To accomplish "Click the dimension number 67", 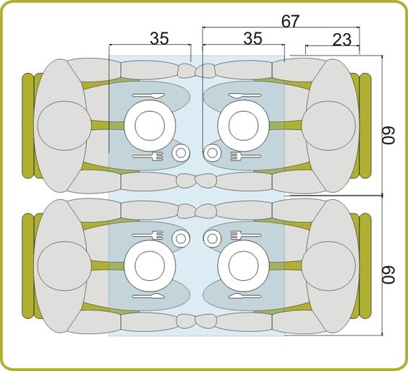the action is pyautogui.click(x=290, y=21).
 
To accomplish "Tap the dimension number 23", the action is pyautogui.click(x=342, y=40).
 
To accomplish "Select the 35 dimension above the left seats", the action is pyautogui.click(x=159, y=38).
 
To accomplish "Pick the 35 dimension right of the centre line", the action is pyautogui.click(x=253, y=38).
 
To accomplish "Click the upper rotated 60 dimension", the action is pyautogui.click(x=388, y=135).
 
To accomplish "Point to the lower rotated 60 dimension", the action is pyautogui.click(x=388, y=275).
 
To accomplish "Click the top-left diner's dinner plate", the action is pyautogui.click(x=150, y=126).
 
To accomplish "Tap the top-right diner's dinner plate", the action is pyautogui.click(x=244, y=126).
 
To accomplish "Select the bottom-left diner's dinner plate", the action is pyautogui.click(x=150, y=266).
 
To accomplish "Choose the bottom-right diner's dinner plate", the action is pyautogui.click(x=244, y=266).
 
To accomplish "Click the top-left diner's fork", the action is pyautogui.click(x=148, y=156).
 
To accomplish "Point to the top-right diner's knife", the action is pyautogui.click(x=245, y=95).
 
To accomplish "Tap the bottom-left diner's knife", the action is pyautogui.click(x=148, y=296).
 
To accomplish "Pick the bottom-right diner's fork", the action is pyautogui.click(x=245, y=235).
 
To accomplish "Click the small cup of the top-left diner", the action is pyautogui.click(x=181, y=153).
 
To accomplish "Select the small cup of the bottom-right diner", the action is pyautogui.click(x=213, y=238).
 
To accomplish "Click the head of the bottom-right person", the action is pyautogui.click(x=329, y=266).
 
